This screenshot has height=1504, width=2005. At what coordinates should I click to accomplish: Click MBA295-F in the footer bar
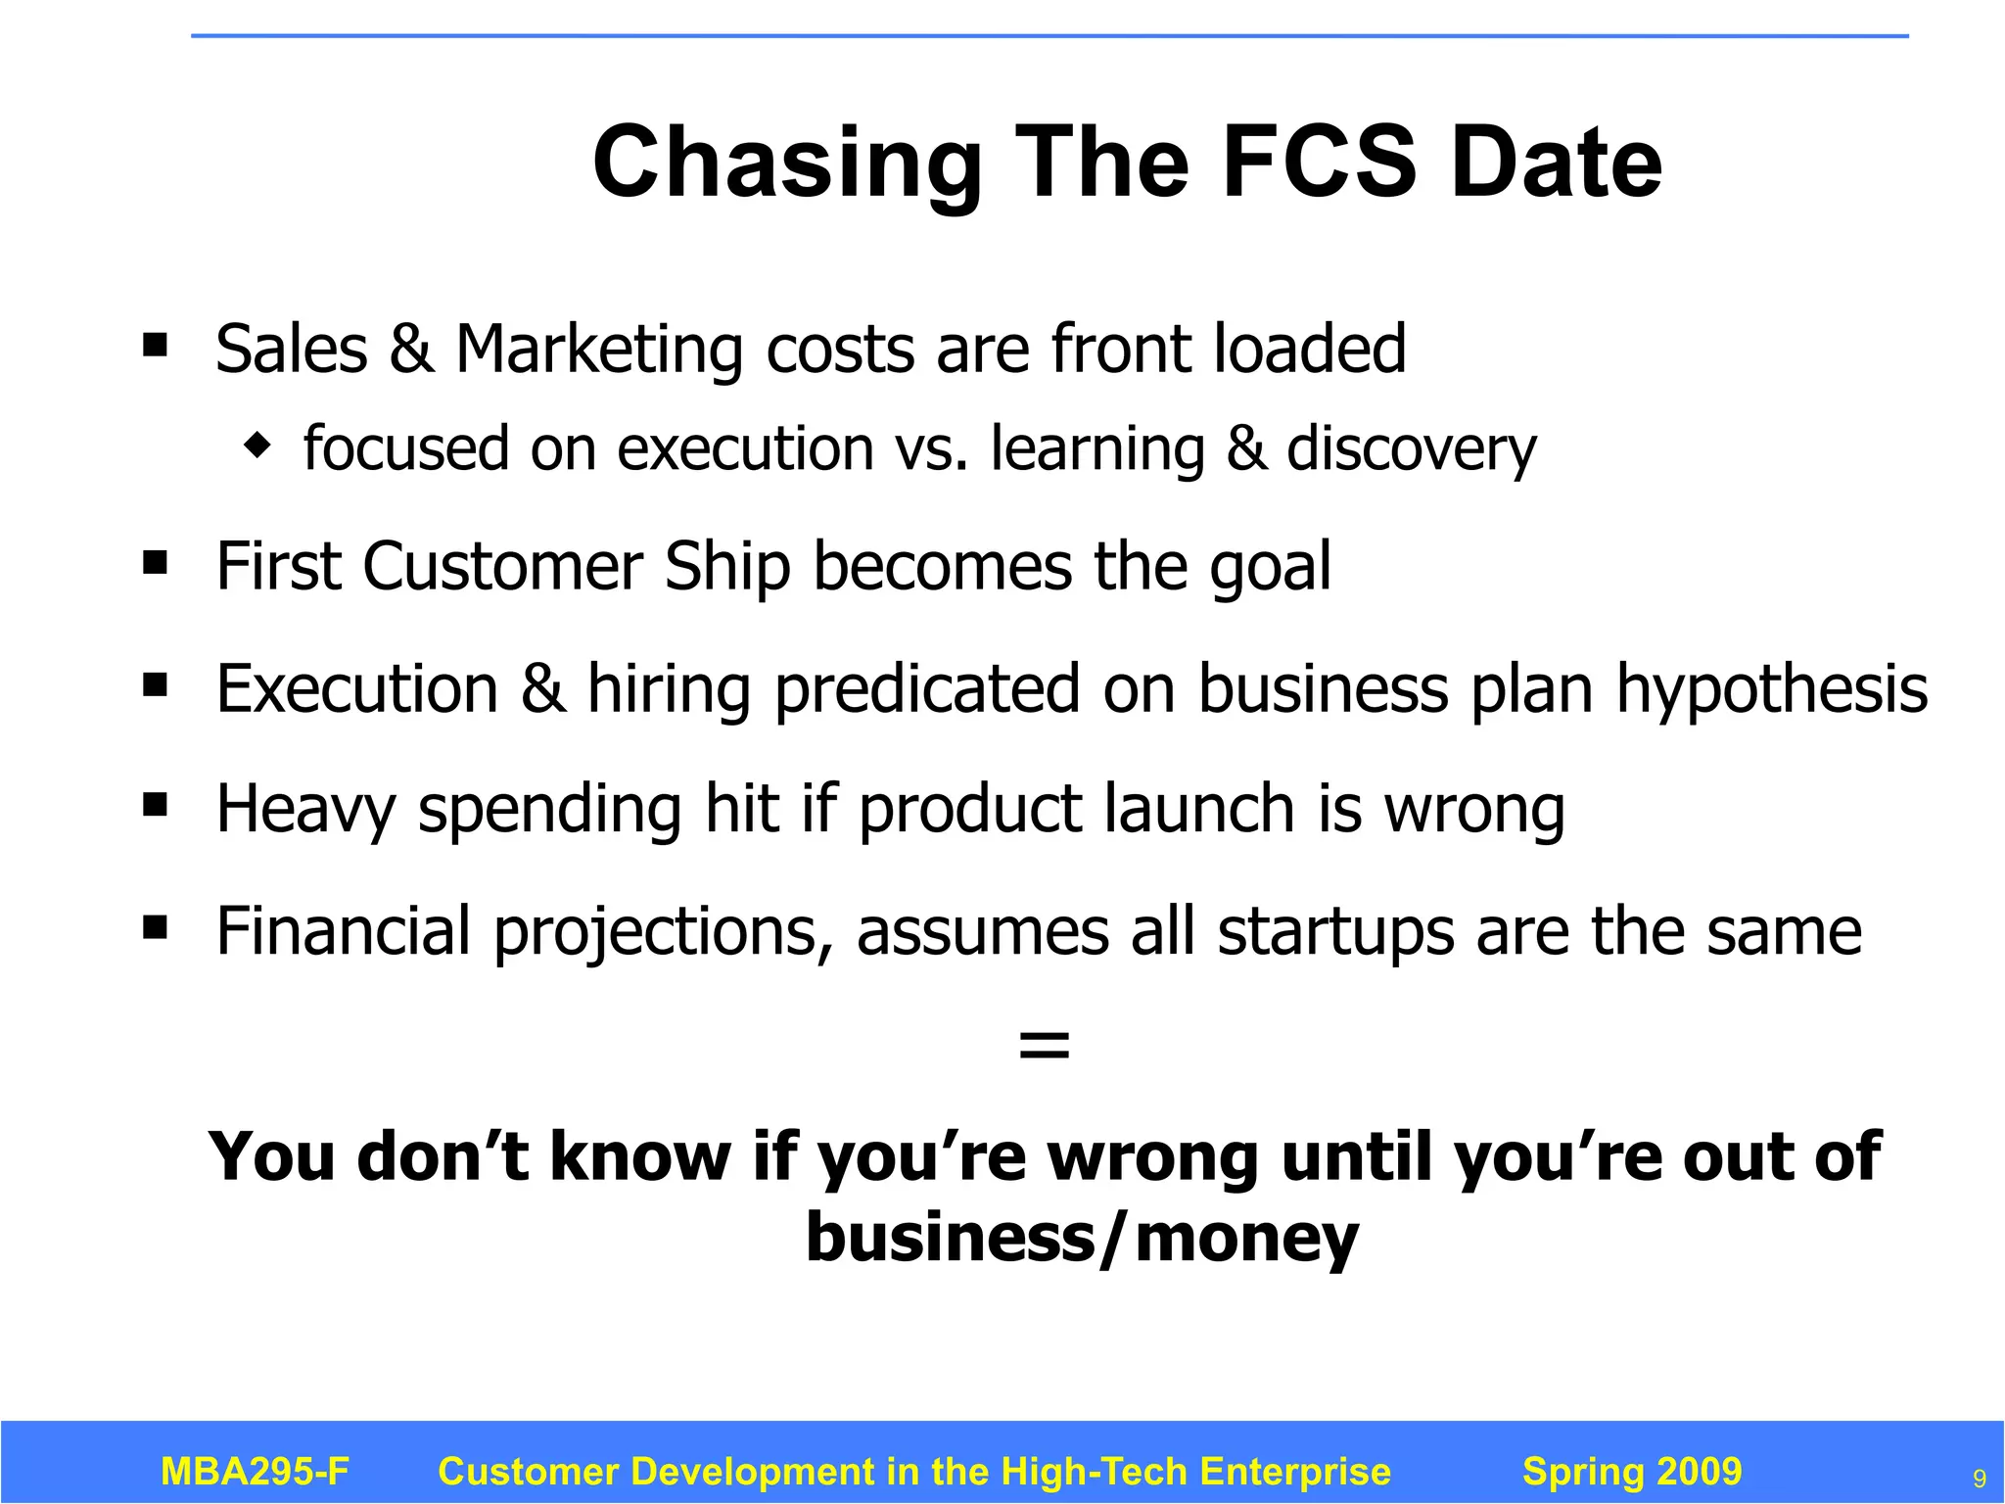pos(255,1472)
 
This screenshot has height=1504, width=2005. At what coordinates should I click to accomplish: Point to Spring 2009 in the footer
pos(1632,1472)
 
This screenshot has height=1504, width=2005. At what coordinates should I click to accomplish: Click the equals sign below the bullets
pos(1044,1045)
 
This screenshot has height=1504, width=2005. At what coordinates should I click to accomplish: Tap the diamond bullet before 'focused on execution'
pos(257,446)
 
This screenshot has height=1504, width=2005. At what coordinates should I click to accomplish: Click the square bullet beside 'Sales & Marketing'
pos(155,345)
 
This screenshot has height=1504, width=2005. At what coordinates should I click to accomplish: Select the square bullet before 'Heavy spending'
pos(155,805)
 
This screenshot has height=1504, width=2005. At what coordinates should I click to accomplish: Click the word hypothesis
pos(1771,689)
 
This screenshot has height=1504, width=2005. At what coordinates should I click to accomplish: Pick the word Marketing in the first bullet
pos(599,351)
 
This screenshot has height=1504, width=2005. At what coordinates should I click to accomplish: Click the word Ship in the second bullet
pos(726,568)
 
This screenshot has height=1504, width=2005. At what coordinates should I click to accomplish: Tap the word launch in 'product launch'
pos(1199,810)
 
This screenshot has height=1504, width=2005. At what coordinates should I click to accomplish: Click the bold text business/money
pos(1082,1238)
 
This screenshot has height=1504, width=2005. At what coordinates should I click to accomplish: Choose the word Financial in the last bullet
pos(343,931)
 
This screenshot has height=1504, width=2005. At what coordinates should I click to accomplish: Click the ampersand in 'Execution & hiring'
pos(542,689)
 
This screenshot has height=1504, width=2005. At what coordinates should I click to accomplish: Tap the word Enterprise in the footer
pos(1294,1472)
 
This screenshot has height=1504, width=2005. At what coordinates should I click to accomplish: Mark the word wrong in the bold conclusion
pos(1152,1158)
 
